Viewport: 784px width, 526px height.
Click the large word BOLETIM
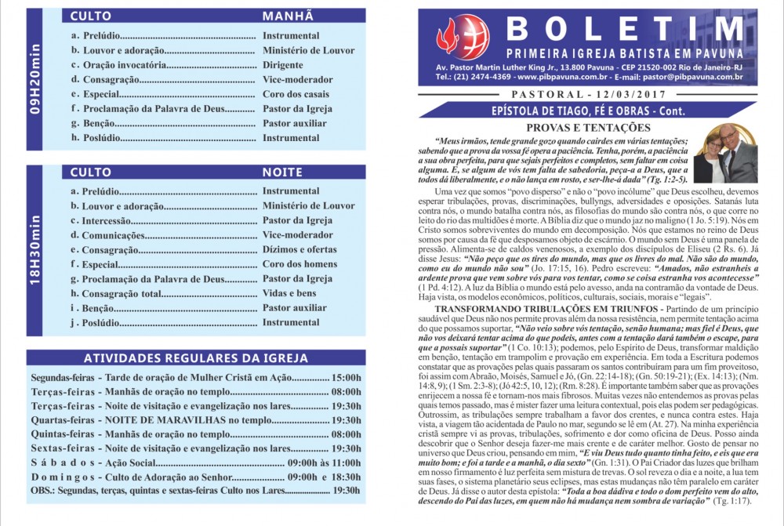[x=623, y=29]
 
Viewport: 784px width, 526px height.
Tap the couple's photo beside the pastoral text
[x=724, y=153]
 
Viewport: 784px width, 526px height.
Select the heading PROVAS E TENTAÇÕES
[x=587, y=127]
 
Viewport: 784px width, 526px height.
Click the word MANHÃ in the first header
[x=288, y=16]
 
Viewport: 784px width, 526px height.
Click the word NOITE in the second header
[x=287, y=172]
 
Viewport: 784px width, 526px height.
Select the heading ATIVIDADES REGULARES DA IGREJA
[x=195, y=358]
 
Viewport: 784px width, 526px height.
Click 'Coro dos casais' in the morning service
[x=297, y=94]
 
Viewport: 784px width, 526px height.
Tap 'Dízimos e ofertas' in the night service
[x=299, y=249]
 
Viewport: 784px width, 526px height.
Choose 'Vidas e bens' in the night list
[x=290, y=293]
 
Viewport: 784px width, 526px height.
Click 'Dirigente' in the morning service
[x=283, y=65]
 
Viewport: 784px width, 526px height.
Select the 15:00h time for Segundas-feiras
[x=347, y=377]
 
